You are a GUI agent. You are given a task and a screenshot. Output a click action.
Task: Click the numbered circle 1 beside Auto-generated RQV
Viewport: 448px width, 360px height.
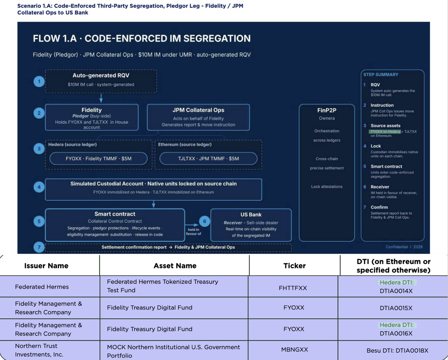pos(39,81)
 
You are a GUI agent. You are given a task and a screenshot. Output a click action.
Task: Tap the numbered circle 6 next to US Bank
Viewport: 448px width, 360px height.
pos(205,221)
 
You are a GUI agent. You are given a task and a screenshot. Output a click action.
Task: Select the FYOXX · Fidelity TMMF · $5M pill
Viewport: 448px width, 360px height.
pos(99,158)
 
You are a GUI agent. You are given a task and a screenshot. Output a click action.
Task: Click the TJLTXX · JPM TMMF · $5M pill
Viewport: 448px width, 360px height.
pos(208,158)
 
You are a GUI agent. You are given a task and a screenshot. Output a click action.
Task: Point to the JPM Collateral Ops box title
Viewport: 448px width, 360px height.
pos(198,110)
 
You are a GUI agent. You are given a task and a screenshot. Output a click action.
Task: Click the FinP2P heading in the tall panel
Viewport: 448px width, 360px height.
pos(327,110)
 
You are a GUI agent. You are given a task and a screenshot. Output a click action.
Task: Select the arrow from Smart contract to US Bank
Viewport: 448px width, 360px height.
pos(192,225)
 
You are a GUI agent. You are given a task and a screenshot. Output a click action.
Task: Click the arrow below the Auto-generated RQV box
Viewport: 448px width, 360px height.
pos(101,98)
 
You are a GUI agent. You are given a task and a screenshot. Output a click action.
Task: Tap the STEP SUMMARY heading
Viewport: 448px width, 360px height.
pos(381,75)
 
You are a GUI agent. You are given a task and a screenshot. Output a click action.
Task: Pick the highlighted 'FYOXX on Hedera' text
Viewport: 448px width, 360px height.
pos(385,131)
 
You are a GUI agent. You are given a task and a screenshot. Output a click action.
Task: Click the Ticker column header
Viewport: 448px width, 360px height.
pos(295,266)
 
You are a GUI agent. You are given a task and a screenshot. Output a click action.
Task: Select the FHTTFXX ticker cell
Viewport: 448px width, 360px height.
pos(293,288)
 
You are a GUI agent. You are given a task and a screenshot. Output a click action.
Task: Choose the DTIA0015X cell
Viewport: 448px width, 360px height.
pos(396,308)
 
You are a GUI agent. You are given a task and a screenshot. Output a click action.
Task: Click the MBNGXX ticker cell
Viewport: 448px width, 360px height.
pos(294,350)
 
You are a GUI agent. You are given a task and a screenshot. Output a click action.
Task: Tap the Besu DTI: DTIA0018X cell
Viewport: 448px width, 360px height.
pos(397,350)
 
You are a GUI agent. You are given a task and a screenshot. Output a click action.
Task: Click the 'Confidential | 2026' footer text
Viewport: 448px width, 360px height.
pos(404,247)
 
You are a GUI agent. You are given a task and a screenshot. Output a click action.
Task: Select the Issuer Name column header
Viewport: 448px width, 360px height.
pos(46,266)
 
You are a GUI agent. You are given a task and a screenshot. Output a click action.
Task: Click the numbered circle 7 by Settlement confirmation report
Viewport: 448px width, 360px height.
pos(39,247)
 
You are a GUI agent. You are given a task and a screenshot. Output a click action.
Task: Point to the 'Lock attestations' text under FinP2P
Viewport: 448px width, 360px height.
pos(327,187)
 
